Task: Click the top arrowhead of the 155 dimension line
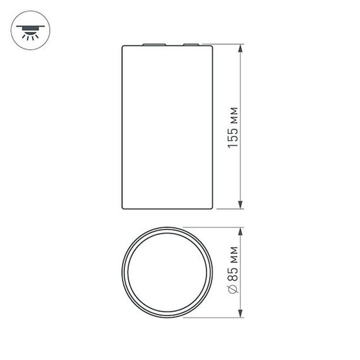(x=241, y=49)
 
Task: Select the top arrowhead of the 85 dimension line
(x=241, y=231)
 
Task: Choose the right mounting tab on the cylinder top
(x=190, y=45)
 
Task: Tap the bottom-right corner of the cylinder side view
(x=212, y=208)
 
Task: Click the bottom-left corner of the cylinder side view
(x=122, y=208)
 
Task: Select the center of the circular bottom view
(x=167, y=272)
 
